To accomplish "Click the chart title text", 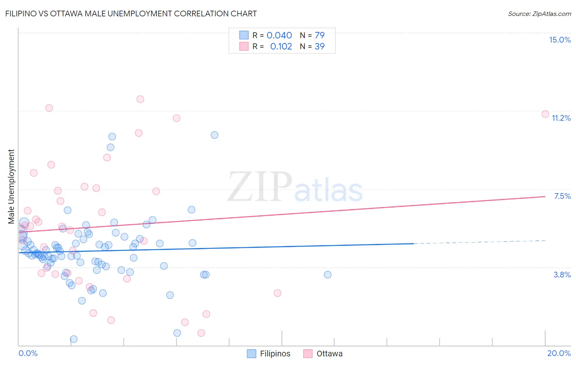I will coord(131,14).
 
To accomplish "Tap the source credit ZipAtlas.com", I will coord(539,14).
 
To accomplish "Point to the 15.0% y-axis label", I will coord(560,40).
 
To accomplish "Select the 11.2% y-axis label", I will coord(561,118).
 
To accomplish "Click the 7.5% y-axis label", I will coord(562,196).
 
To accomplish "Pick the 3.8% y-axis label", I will coord(562,275).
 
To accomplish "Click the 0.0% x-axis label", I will coord(28,353).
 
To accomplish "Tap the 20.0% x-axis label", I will coord(559,353).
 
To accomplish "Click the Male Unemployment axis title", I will coord(11,187).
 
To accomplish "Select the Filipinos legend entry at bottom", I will coord(269,354).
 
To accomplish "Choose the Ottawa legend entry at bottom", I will coord(323,354).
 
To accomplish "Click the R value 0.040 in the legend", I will coord(279,36).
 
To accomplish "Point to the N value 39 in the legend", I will coord(320,47).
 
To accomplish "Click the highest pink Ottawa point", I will coord(140,99).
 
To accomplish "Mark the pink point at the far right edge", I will coord(545,114).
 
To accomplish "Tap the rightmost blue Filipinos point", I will coord(328,275).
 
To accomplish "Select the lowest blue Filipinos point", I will coord(74,339).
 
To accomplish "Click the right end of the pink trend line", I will coord(545,196).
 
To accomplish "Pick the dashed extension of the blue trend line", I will coord(479,242).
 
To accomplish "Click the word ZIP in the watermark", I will coord(260,187).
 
